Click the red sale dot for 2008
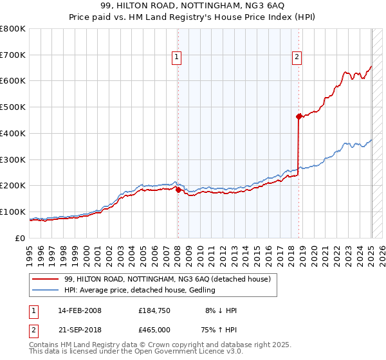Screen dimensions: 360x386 pyautogui.click(x=178, y=189)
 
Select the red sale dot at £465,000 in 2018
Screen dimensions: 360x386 pyautogui.click(x=299, y=116)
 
